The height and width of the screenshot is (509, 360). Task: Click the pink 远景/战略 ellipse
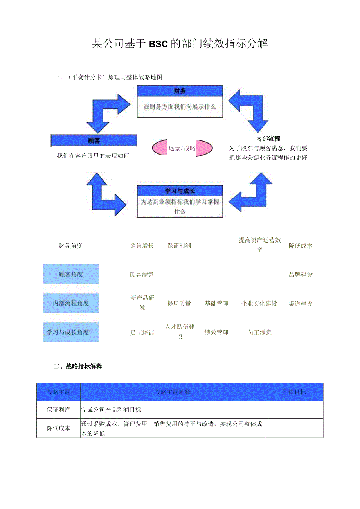pos(182,148)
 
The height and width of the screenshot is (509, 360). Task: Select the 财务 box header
pos(180,91)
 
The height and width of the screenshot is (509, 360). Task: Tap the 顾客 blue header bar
pos(94,140)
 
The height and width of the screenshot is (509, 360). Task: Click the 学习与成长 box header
pos(180,191)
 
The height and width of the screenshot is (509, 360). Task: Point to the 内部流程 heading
pos(268,138)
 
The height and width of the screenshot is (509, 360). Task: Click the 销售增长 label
pos(142,246)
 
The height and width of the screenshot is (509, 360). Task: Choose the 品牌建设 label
pos(301,275)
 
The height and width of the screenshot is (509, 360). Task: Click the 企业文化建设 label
pos(259,304)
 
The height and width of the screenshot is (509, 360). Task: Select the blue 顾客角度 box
pos(71,274)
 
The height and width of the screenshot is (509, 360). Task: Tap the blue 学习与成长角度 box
pos(71,332)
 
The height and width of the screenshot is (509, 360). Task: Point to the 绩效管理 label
pos(216,333)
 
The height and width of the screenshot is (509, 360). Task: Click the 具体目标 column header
pos(294,392)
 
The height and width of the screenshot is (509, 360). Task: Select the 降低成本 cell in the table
pos(59,428)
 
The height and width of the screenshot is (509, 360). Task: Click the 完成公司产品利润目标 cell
pos(111,410)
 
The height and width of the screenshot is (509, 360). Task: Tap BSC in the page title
pos(158,44)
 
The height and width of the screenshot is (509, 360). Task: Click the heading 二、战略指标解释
pos(78,366)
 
